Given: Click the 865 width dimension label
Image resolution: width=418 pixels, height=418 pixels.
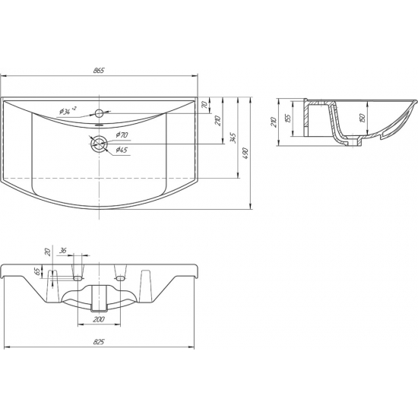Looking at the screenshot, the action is (99, 71).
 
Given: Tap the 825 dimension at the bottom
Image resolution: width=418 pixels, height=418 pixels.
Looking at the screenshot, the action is (99, 342).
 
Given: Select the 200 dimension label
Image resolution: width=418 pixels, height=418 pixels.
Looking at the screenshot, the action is (99, 319).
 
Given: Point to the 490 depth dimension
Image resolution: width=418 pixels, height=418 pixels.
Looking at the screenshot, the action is (245, 154).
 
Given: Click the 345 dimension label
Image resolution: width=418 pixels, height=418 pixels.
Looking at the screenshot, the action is (233, 138).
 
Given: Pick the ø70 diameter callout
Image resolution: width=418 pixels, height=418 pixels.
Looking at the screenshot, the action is (122, 135).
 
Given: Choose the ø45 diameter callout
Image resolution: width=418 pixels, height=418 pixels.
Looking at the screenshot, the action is (122, 150).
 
